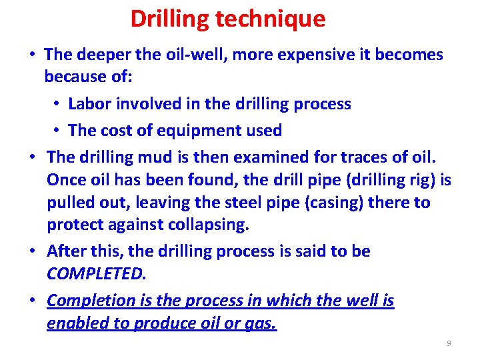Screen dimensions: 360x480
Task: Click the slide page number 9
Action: pyautogui.click(x=449, y=343)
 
